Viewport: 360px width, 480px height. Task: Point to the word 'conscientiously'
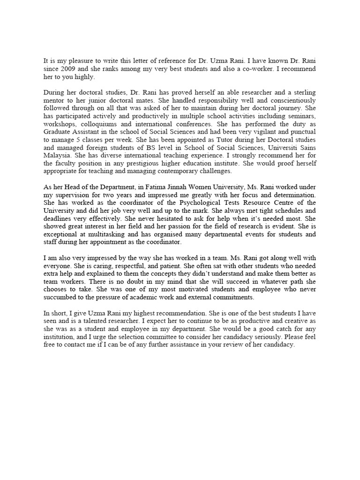click(x=292, y=101)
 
